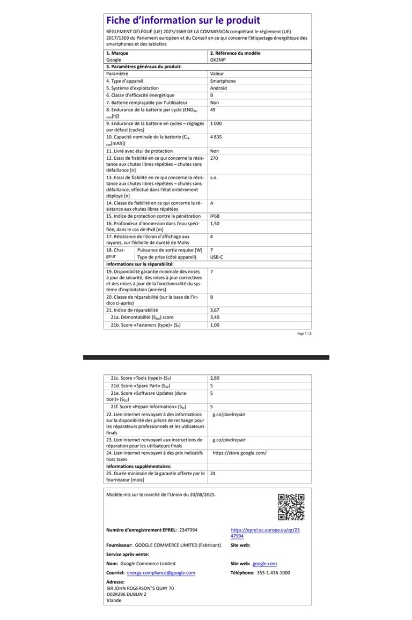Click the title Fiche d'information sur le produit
(x=183, y=21)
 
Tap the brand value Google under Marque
(x=114, y=60)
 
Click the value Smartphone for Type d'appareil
(x=223, y=81)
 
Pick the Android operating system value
(x=218, y=88)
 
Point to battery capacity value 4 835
(x=216, y=137)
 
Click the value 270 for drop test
(x=214, y=158)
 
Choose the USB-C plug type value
(x=217, y=257)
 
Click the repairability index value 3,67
(x=215, y=310)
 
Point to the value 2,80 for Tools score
(x=215, y=378)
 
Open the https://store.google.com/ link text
(x=239, y=453)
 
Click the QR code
(x=291, y=507)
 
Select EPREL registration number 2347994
(x=188, y=530)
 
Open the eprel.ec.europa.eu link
(x=265, y=533)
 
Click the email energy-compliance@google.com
(x=161, y=573)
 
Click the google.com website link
(x=264, y=564)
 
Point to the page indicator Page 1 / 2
(x=304, y=333)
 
